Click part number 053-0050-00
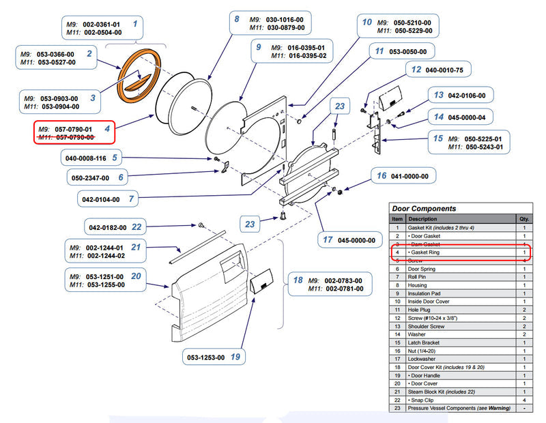(408, 51)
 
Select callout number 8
(236, 20)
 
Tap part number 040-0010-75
(444, 70)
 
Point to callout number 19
(235, 355)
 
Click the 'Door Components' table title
(424, 209)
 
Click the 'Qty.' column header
(523, 219)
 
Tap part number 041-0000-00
(410, 176)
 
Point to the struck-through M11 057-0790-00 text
(66, 137)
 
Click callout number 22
(137, 227)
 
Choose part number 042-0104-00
(101, 199)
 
